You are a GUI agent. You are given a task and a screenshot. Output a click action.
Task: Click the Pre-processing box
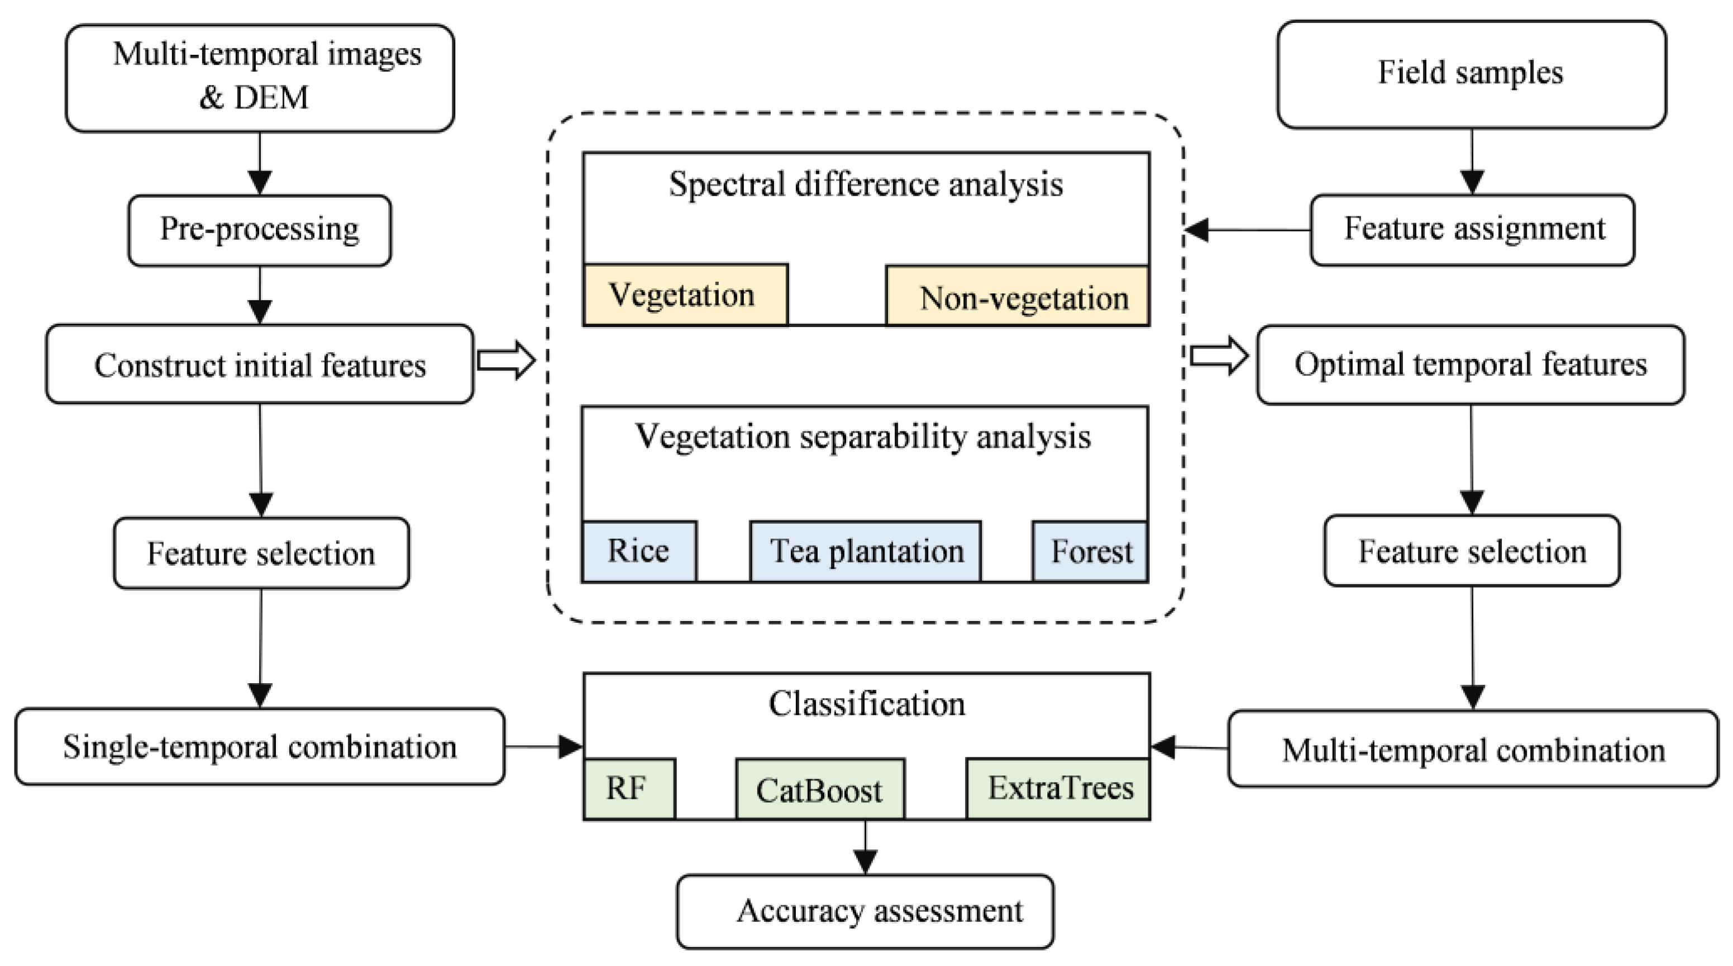260,230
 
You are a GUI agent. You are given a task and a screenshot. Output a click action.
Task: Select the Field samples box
1471,74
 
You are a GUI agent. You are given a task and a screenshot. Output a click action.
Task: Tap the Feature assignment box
1473,230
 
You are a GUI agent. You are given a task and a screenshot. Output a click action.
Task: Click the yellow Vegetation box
684,295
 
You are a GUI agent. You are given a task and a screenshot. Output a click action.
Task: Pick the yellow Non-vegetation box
1017,296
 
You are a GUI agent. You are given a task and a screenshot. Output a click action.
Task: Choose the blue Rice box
639,551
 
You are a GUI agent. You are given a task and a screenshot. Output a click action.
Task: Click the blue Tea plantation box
865,551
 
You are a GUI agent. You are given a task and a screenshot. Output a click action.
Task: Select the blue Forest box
1090,551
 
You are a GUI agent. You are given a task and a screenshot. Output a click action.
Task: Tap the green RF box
629,788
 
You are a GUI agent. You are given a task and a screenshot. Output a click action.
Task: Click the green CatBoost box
819,789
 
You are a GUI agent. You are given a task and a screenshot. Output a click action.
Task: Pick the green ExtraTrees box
1058,788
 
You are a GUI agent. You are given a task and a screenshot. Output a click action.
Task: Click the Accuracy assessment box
865,911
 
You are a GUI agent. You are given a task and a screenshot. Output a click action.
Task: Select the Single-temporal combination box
260,746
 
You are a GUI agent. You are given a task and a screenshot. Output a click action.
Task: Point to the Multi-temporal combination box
1473,749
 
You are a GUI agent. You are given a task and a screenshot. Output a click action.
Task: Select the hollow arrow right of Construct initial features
506,360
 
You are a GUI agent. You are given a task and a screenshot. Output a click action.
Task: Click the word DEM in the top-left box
271,98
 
